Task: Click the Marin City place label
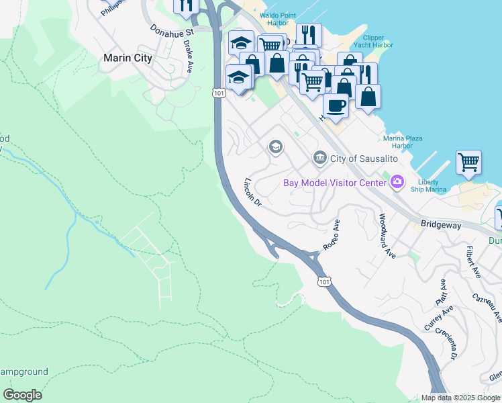[x=128, y=58]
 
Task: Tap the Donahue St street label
[x=172, y=31]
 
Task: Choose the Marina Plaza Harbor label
[x=403, y=142]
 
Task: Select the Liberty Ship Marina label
[x=428, y=185]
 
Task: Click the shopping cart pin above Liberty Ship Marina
[x=468, y=161]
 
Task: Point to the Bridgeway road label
[x=441, y=226]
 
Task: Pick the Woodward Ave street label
[x=387, y=235]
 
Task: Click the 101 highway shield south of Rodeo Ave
[x=325, y=282]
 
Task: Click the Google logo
[x=22, y=395]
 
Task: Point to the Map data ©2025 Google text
[x=460, y=398]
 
